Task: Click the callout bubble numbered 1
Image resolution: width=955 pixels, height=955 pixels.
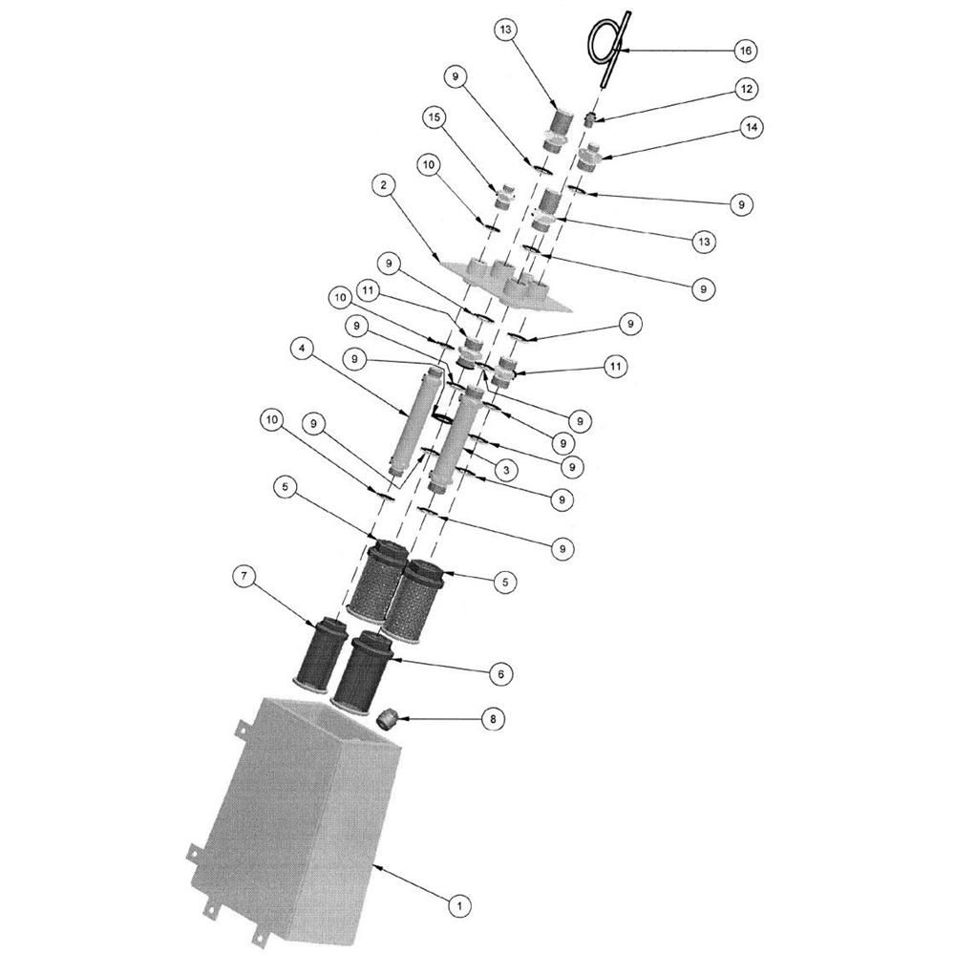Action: (459, 902)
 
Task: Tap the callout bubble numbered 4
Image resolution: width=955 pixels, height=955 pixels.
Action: (302, 350)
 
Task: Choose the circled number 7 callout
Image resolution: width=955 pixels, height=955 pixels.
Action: (244, 575)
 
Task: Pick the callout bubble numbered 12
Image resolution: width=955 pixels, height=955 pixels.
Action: (747, 89)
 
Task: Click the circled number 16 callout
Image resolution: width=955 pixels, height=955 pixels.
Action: (746, 50)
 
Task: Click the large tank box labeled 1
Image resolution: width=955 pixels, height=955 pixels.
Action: (296, 812)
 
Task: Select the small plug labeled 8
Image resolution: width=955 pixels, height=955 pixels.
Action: (387, 718)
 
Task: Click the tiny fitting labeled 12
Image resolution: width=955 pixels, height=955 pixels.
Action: (590, 119)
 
